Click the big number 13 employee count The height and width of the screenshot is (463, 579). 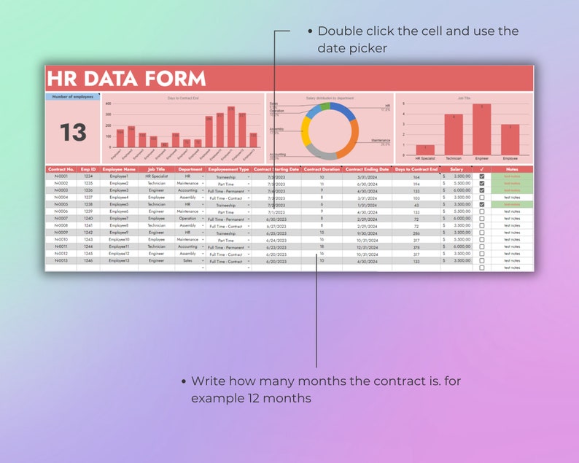[x=73, y=133]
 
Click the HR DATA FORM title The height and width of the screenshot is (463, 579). [x=126, y=79]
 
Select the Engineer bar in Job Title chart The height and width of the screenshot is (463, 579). [x=481, y=128]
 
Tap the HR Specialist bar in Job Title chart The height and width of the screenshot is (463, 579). [x=425, y=149]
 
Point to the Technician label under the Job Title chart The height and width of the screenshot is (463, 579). [x=453, y=157]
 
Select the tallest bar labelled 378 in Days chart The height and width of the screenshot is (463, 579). [x=231, y=127]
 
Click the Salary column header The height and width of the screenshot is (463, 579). [x=456, y=169]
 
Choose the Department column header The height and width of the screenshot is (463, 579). [x=190, y=169]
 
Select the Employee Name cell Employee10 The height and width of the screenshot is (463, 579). [x=119, y=239]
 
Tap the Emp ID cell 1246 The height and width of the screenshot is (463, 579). [x=88, y=260]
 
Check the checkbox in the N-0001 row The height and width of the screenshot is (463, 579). [x=481, y=176]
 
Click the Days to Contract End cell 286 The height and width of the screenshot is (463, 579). [x=416, y=233]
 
